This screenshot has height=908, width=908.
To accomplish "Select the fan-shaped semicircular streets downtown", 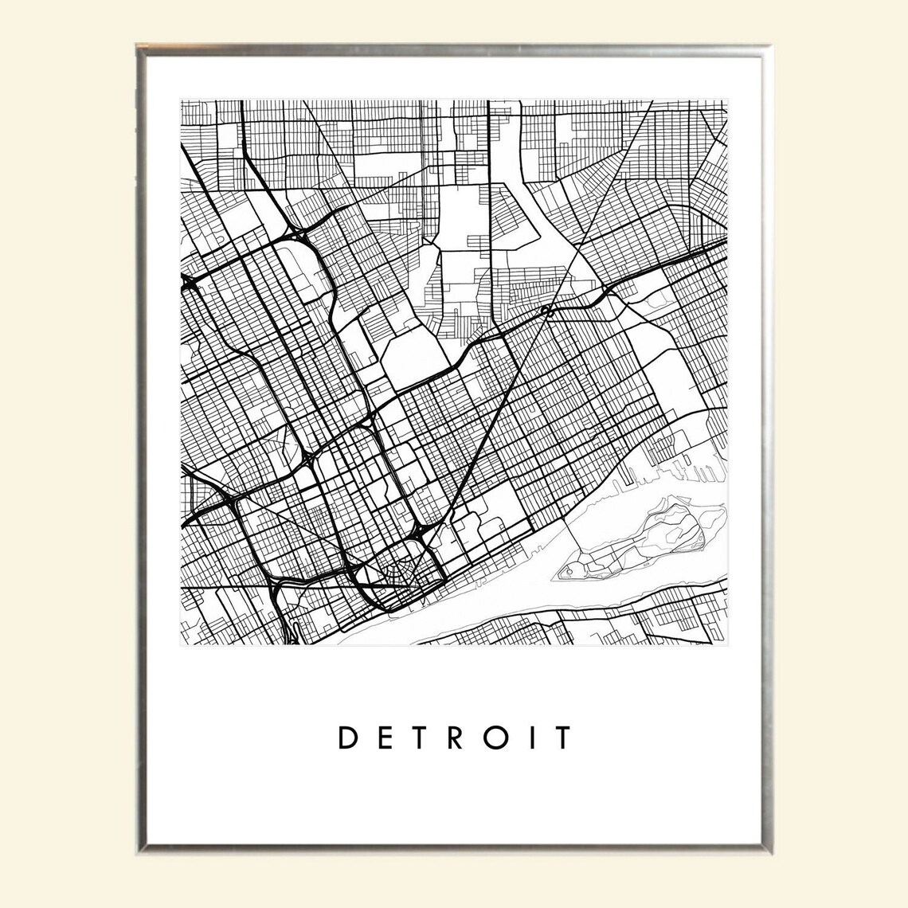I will (x=397, y=573).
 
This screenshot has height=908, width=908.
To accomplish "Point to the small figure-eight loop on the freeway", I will (x=546, y=310).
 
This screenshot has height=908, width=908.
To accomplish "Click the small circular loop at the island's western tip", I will (x=571, y=572).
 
